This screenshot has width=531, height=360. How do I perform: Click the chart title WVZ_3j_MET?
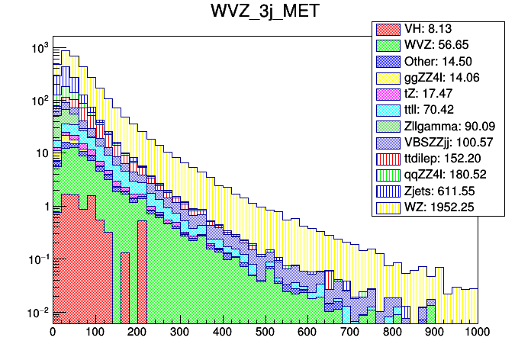pos(265,13)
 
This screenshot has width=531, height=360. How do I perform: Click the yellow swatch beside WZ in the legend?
pos(388,205)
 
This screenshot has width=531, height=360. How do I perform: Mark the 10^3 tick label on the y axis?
pos(37,48)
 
